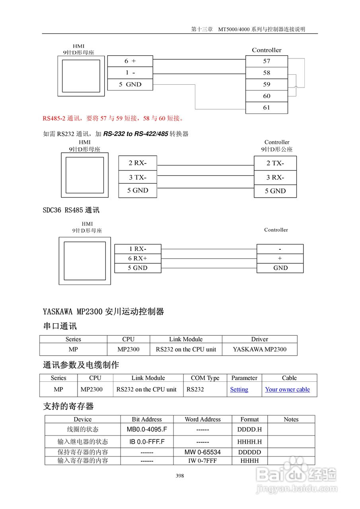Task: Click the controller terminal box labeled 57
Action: coord(267,61)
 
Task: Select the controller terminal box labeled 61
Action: coord(267,108)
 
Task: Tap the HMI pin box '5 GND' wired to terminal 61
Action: coord(130,84)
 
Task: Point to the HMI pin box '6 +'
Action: coord(130,61)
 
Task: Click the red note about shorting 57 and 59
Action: coord(113,118)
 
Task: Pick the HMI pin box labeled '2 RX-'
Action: coord(138,163)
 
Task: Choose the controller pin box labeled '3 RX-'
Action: coord(275,177)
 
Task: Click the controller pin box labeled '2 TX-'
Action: coord(275,163)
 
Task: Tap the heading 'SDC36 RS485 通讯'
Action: coord(71,210)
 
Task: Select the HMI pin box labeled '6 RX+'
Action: coord(138,258)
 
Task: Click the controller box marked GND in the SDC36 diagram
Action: coord(280,268)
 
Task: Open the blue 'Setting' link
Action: coord(239,390)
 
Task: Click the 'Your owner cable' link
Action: coord(288,390)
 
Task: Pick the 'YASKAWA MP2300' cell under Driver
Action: coord(259,350)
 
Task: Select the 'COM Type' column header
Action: coord(205,378)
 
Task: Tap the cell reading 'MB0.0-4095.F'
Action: coord(147,429)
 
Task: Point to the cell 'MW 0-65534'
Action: coord(202,452)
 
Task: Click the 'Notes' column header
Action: coord(291,420)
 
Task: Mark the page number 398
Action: coord(180,476)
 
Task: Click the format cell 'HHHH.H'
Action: coord(250,442)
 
